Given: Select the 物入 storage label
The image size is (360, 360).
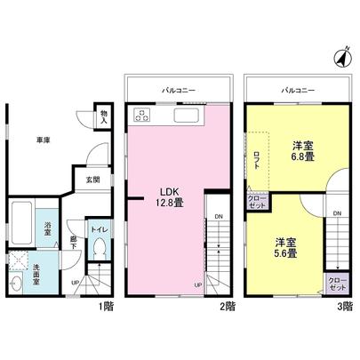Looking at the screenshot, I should coord(104,116).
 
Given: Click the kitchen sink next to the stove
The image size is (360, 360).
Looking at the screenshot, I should coord(188,116).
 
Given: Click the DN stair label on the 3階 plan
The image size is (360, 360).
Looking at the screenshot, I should coord(337,214).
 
